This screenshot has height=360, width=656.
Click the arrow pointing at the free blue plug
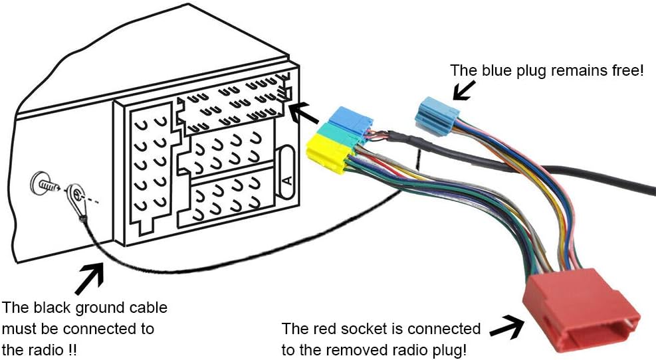(x=464, y=89)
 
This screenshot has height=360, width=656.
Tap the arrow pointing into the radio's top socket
(x=308, y=114)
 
